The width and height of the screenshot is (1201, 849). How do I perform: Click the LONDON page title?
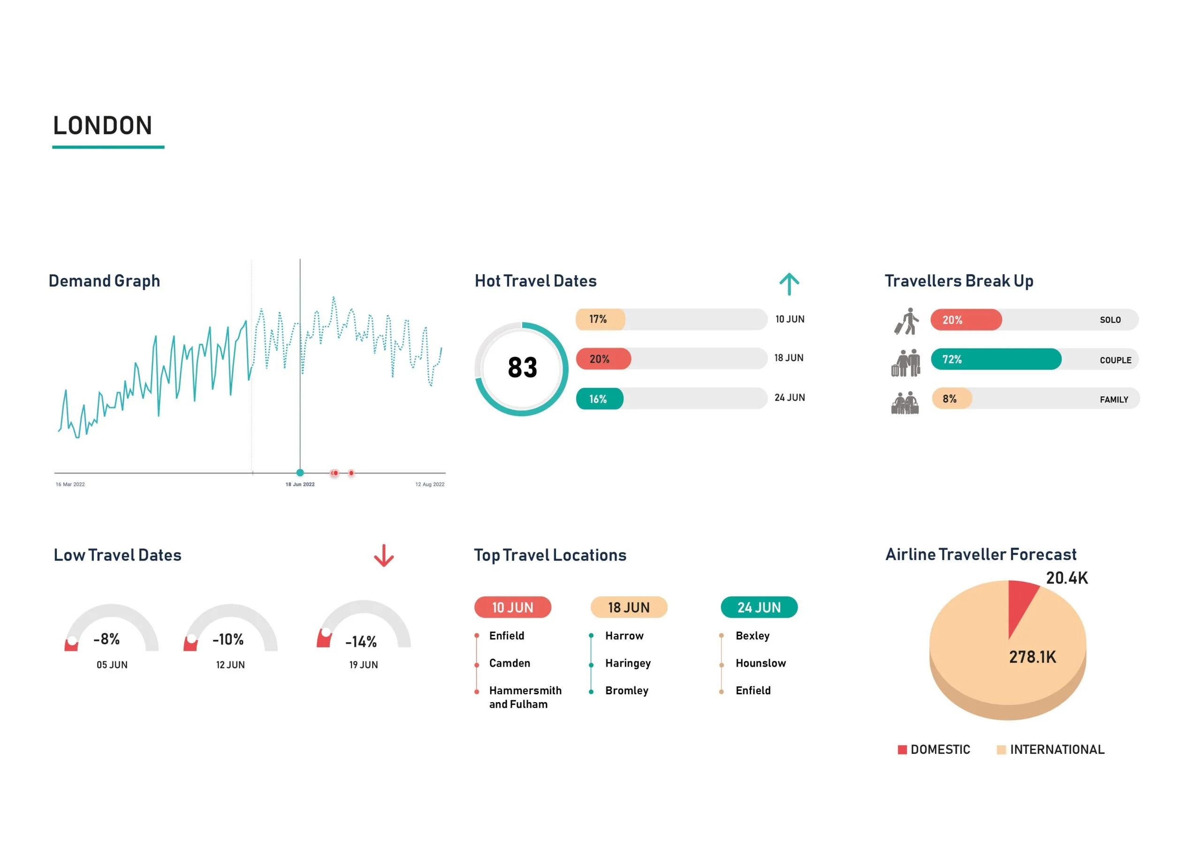pyautogui.click(x=103, y=126)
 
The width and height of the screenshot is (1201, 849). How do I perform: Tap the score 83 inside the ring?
pyautogui.click(x=522, y=368)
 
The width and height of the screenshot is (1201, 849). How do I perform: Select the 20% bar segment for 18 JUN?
pyautogui.click(x=603, y=359)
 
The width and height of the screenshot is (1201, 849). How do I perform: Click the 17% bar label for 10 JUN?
pyautogui.click(x=600, y=319)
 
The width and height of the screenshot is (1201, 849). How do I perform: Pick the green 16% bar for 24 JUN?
pyautogui.click(x=600, y=399)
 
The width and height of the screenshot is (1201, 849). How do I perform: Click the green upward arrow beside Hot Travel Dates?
pyautogui.click(x=789, y=284)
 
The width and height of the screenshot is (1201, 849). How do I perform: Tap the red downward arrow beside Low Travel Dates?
pyautogui.click(x=383, y=555)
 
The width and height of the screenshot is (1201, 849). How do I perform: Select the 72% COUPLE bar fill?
pyautogui.click(x=996, y=359)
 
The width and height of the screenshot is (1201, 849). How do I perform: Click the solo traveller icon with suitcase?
pyautogui.click(x=906, y=321)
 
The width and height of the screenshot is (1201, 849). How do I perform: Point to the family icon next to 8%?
pyautogui.click(x=905, y=403)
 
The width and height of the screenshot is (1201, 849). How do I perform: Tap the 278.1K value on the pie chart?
pyautogui.click(x=1032, y=657)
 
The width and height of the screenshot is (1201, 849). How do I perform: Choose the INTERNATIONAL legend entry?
pyautogui.click(x=1056, y=750)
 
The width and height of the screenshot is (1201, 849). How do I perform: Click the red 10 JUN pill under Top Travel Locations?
pyautogui.click(x=513, y=607)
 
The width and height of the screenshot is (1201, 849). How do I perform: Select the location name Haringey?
pyautogui.click(x=628, y=663)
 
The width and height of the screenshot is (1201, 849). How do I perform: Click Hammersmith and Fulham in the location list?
pyautogui.click(x=524, y=697)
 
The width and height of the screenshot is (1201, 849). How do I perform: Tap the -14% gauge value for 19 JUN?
pyautogui.click(x=361, y=642)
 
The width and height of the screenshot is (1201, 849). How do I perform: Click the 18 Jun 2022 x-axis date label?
pyautogui.click(x=300, y=485)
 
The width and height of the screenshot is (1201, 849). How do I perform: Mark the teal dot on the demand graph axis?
pyautogui.click(x=300, y=473)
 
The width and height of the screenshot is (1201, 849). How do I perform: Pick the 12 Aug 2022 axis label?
pyautogui.click(x=429, y=485)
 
